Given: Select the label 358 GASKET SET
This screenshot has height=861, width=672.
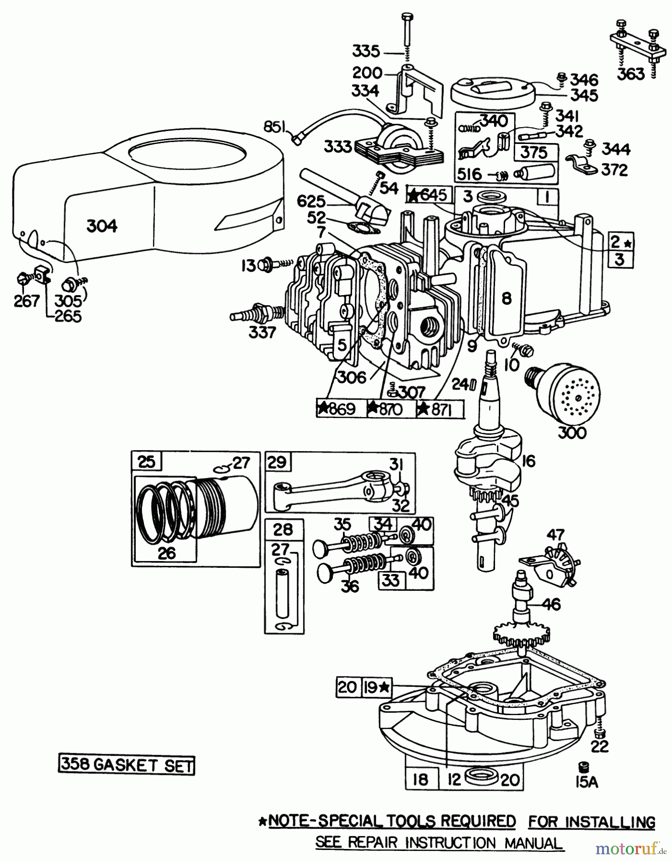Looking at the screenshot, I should coord(127,766).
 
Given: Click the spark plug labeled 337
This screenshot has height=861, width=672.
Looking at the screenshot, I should coord(253,313).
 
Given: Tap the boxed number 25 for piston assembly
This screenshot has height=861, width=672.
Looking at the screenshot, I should coord(146,462).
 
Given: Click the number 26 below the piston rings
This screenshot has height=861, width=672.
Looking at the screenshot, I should coord(166,553).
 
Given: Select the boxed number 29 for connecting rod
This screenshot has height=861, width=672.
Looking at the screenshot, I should coord(277,462).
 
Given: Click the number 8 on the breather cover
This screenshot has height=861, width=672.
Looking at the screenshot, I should coord(507,298).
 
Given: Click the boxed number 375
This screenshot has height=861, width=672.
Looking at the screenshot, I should coord(534,153).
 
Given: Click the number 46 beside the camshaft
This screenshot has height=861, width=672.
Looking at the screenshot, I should coord(551,604).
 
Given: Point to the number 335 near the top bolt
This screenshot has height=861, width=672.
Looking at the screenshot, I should coord(366,51).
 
